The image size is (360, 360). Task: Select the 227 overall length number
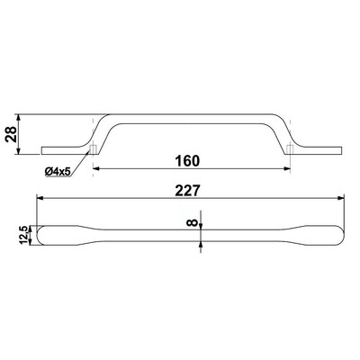pos(187,190)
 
